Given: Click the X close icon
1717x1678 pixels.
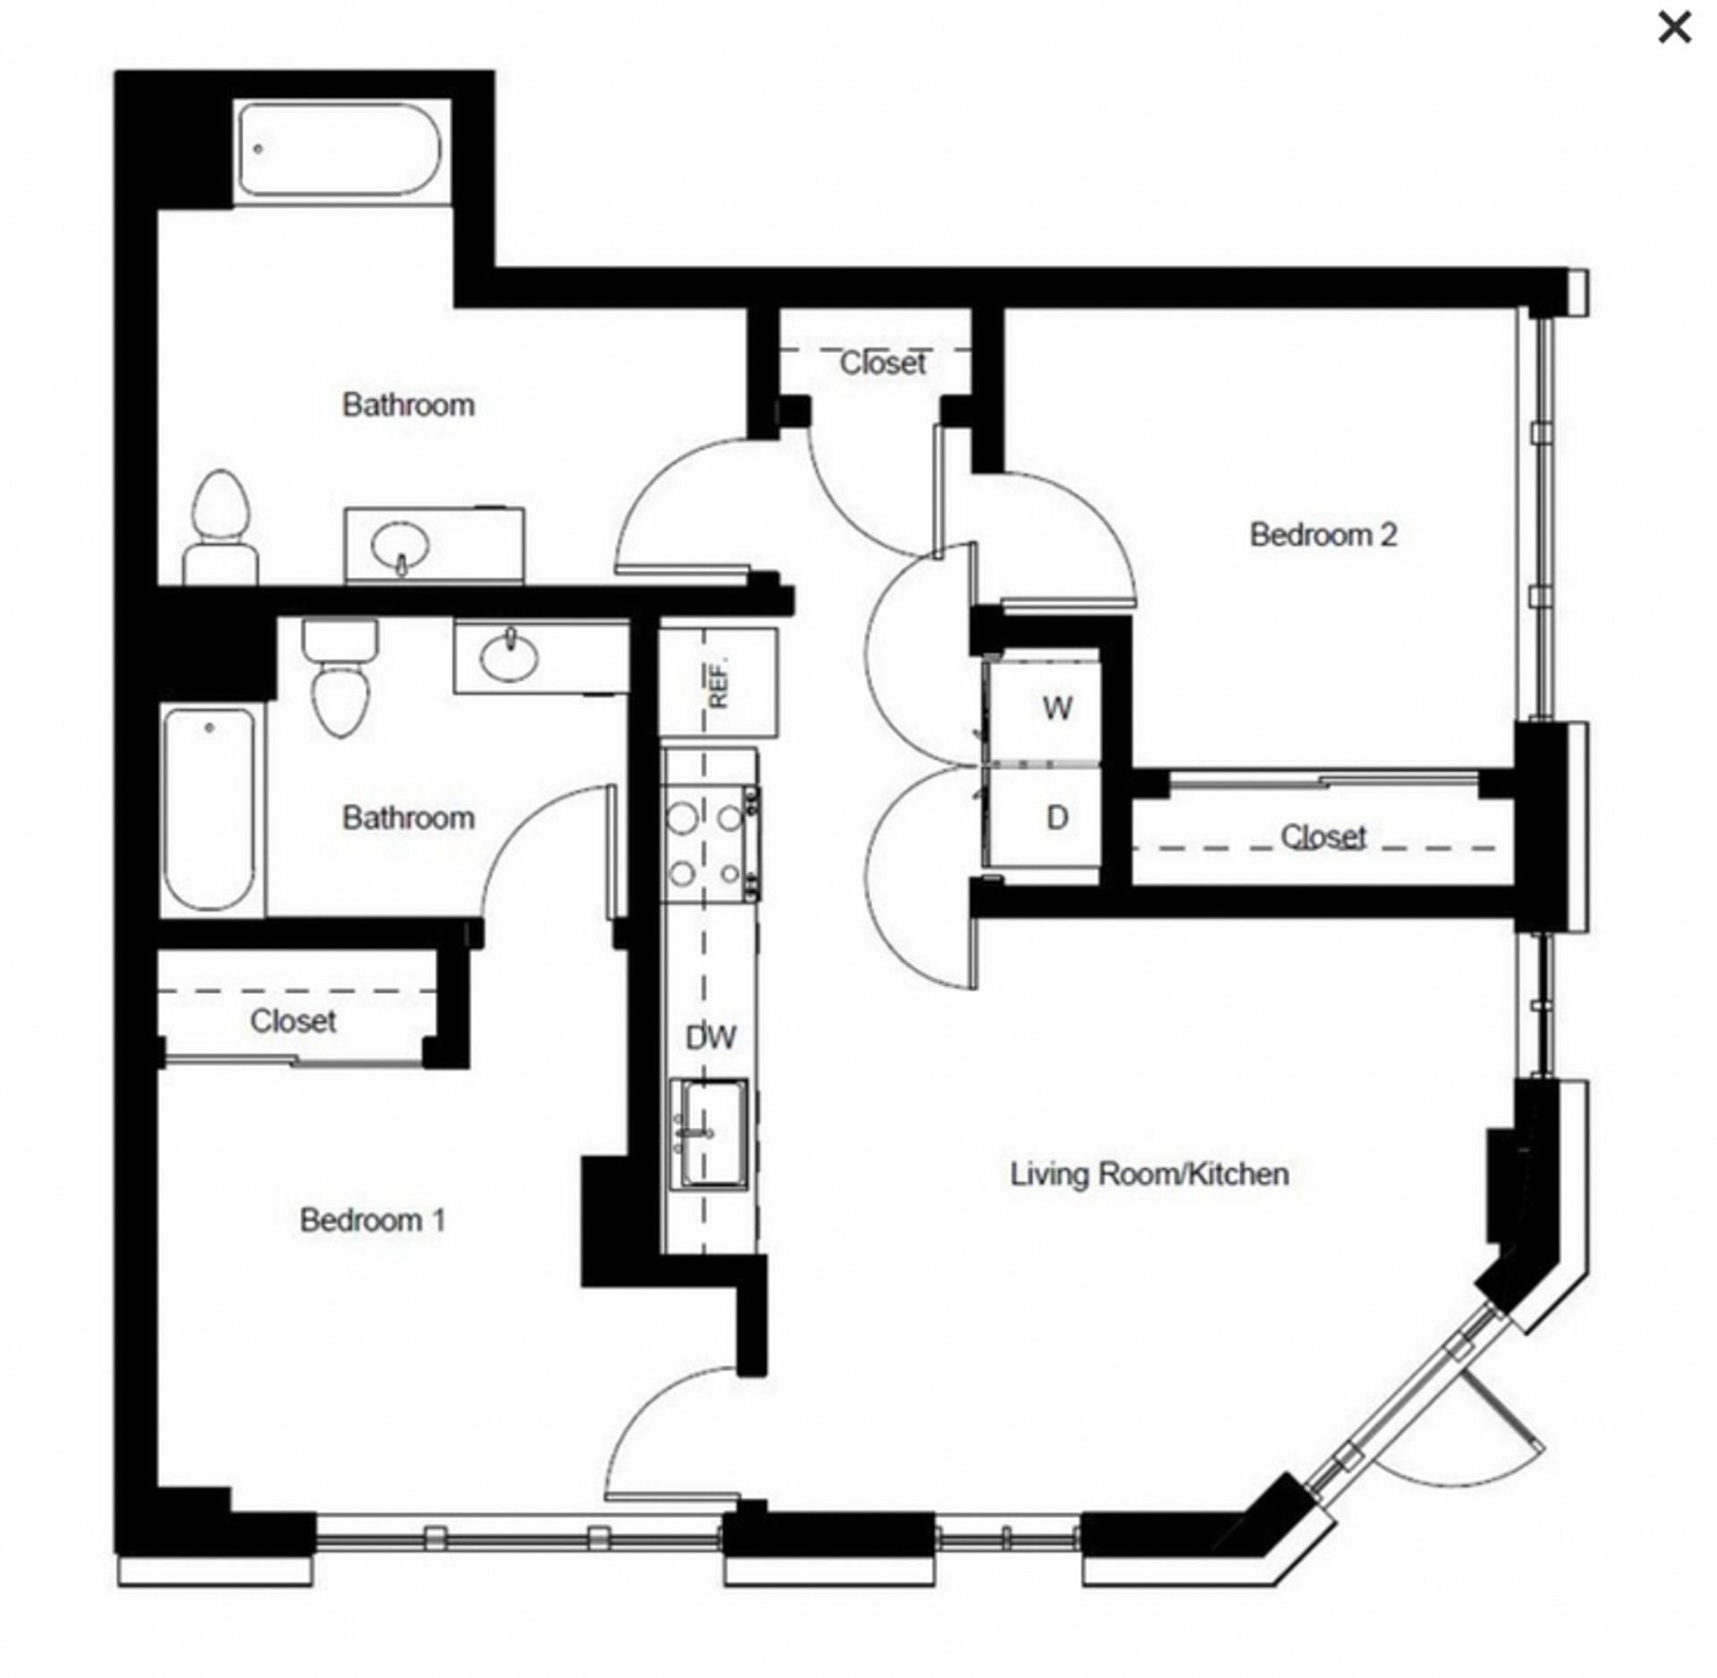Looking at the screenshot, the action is (1674, 29).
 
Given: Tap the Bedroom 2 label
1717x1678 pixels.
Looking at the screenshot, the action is (1323, 535).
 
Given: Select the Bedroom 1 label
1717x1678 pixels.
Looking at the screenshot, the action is (372, 1220).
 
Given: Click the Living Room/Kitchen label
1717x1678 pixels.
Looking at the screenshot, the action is (1149, 1174).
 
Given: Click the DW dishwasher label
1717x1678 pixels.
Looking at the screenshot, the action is (711, 1038).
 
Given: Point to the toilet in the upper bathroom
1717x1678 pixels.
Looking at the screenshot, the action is (221, 528).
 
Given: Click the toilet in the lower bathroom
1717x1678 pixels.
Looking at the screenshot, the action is (340, 677).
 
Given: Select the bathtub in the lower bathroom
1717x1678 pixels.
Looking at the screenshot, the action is (210, 809).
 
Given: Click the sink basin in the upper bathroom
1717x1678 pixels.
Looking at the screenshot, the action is (401, 546).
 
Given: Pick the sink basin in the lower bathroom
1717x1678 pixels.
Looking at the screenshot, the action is (509, 657).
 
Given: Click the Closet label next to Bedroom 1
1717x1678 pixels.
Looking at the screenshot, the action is (293, 1021).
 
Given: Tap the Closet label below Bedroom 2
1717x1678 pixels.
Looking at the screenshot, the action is (1324, 837).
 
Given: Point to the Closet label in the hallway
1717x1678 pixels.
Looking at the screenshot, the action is (884, 363).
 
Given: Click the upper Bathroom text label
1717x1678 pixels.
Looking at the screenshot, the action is (409, 405).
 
